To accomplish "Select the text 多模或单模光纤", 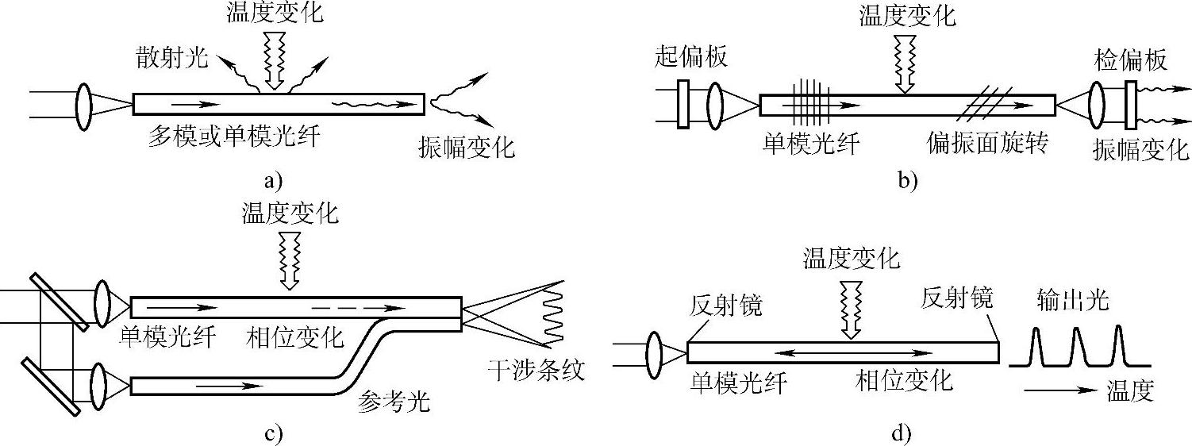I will click(230, 135).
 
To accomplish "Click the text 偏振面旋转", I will click(987, 144).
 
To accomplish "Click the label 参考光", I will click(394, 402).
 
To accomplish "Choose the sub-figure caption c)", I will click(273, 433).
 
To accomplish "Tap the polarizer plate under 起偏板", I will click(682, 103).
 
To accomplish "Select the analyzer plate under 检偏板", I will click(1132, 103).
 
